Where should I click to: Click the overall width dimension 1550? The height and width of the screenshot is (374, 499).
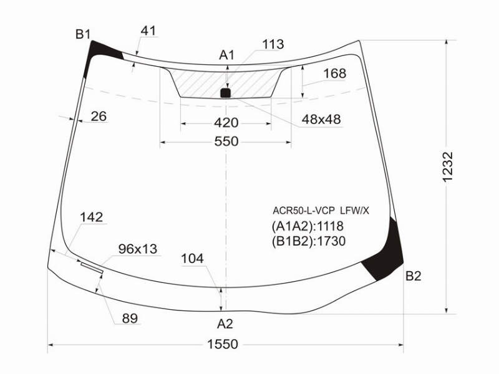point(223,344)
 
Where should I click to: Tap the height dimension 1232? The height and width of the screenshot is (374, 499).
point(447,167)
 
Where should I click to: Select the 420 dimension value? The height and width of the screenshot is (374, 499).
point(226,123)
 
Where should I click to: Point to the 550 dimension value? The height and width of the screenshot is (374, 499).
point(226,141)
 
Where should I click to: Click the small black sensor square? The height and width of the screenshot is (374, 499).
point(225,93)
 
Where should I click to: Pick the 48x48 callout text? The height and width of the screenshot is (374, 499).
point(321,120)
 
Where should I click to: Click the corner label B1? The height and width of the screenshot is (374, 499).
point(83,34)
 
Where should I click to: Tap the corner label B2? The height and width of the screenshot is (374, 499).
point(413,276)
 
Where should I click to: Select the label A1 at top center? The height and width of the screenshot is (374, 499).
point(226,55)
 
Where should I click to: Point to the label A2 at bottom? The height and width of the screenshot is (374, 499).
point(225,324)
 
